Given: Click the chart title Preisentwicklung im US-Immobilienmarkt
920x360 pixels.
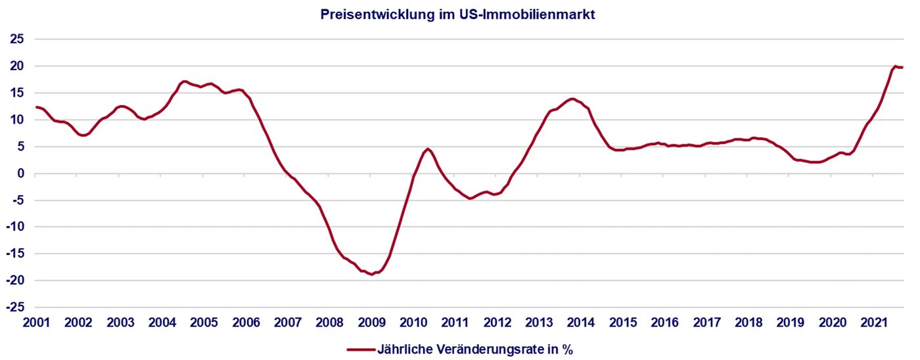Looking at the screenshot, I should tap(458, 14).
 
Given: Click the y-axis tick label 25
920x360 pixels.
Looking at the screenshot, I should tap(18, 39).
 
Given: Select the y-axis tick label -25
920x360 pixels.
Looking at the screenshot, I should tap(16, 307).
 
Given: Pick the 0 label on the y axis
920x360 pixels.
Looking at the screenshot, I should tap(21, 173).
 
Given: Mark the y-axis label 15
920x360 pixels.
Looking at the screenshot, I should tap(18, 93).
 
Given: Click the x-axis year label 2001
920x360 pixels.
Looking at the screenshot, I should tap(36, 323).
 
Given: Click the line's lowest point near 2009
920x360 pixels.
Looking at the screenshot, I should tap(372, 274).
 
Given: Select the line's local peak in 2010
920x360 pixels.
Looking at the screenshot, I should tap(428, 148).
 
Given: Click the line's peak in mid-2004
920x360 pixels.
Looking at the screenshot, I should tap(185, 81).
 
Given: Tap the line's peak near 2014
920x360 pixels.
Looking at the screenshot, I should tap(572, 99).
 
